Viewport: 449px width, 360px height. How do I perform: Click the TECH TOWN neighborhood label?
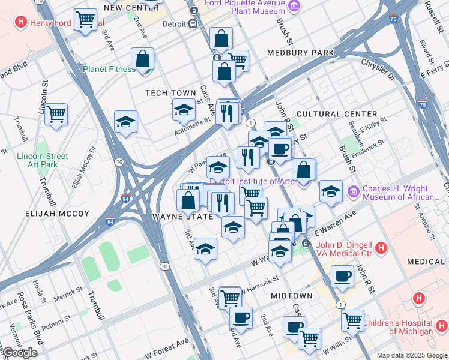pos(170,93)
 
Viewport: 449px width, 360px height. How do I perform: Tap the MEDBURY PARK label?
pos(301,53)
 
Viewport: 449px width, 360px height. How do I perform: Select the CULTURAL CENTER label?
pos(337,114)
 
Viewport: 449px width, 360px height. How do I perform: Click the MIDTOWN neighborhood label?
pos(291,296)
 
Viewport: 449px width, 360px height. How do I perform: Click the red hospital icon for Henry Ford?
pos(21,23)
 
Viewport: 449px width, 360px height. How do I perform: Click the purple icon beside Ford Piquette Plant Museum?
pos(293,6)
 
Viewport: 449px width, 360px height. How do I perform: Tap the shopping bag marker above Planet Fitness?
pos(143,59)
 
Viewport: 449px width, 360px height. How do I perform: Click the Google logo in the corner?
pos(20,353)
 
